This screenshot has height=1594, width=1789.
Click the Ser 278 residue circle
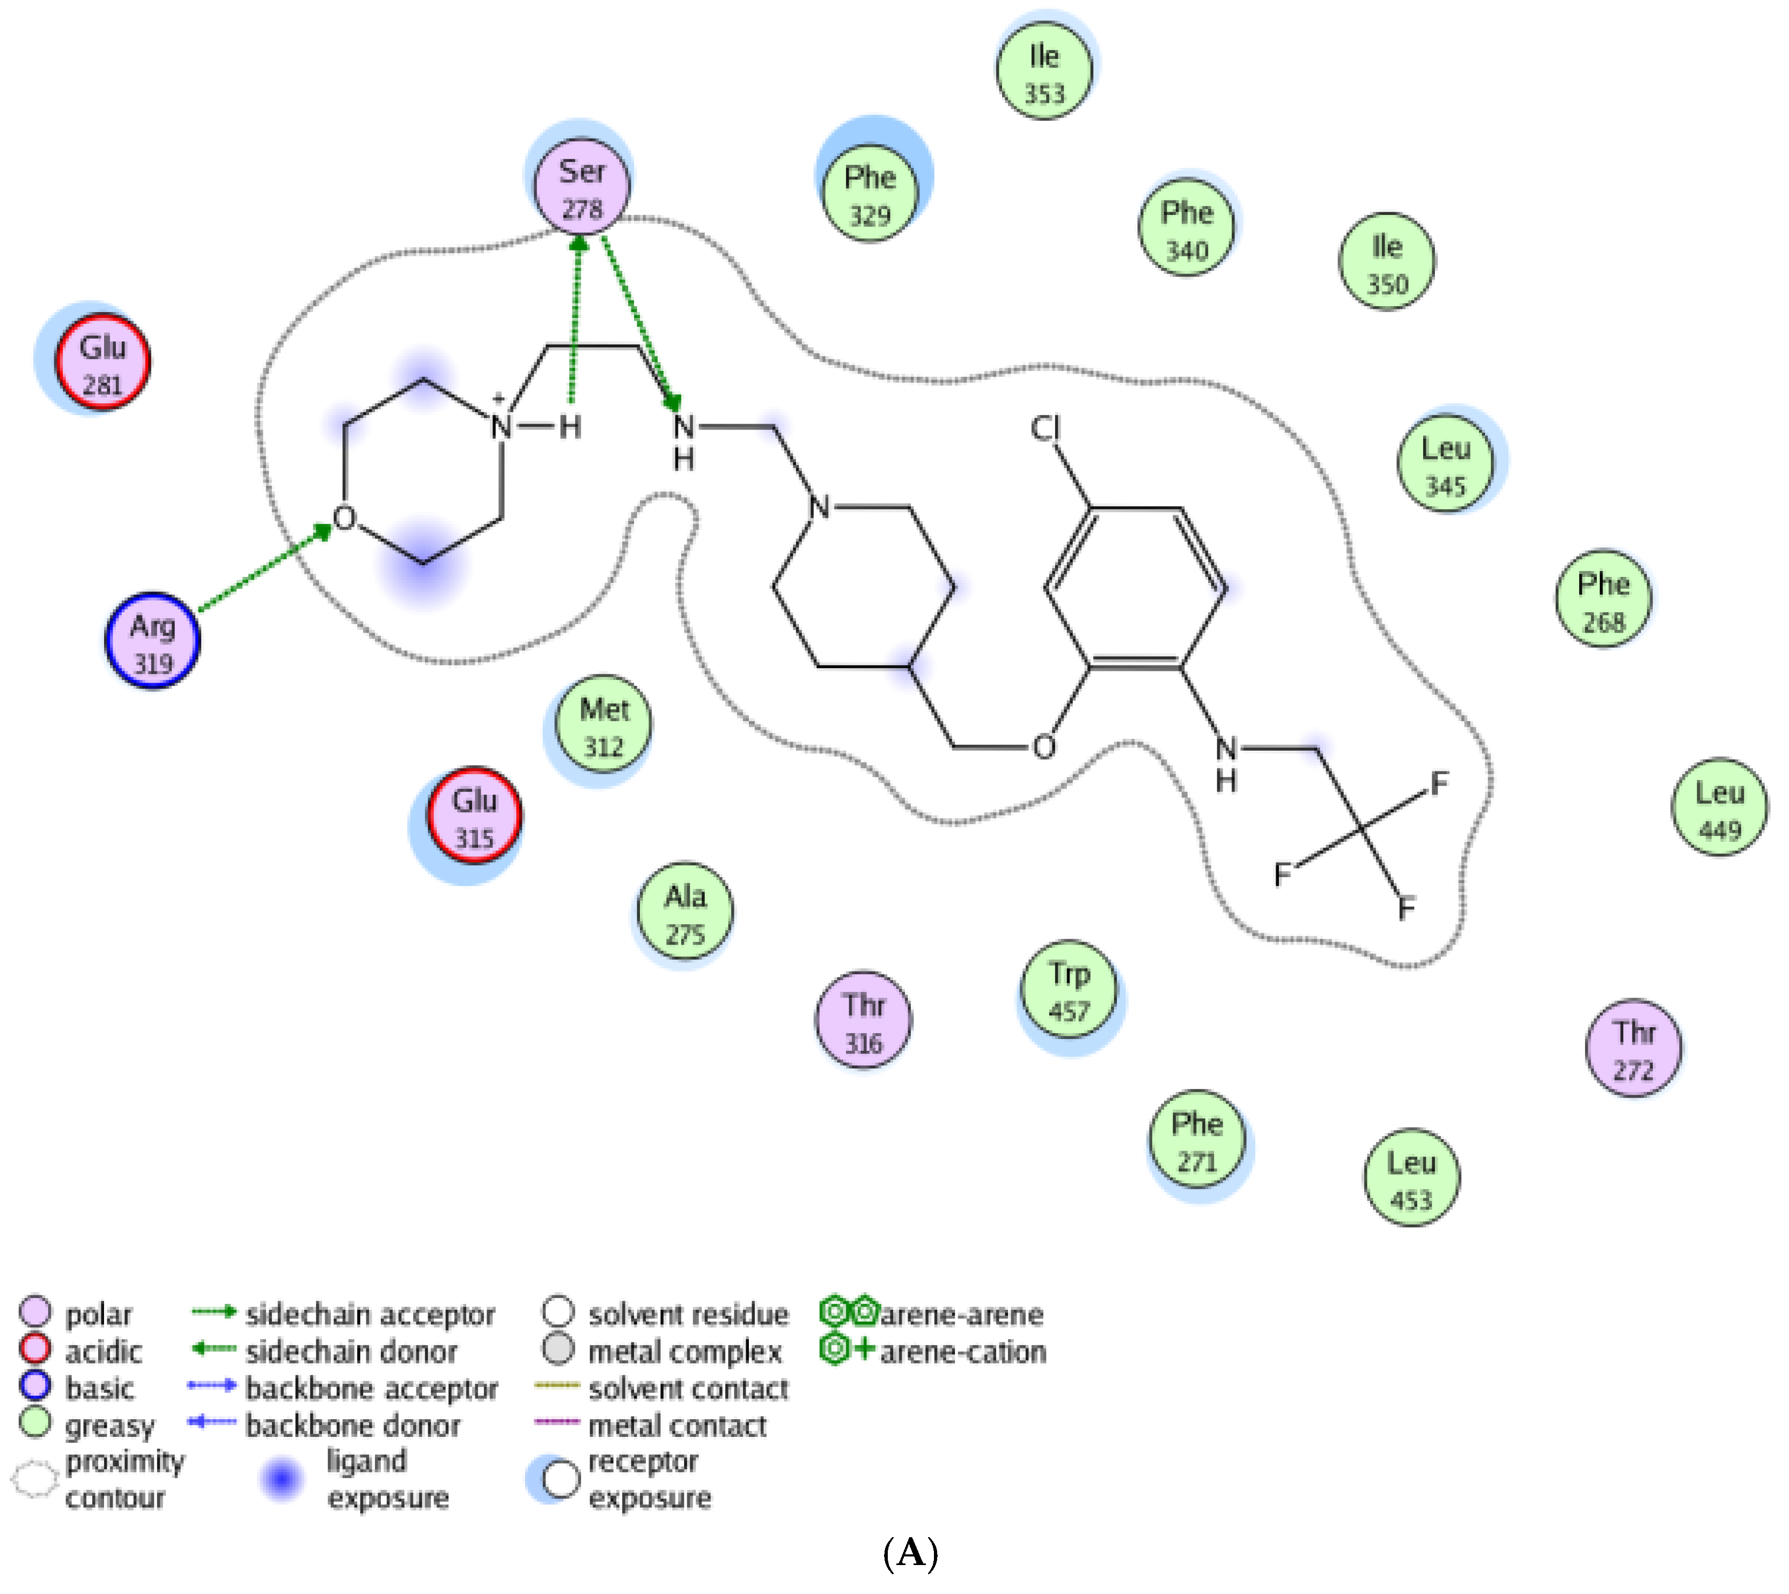point(581,188)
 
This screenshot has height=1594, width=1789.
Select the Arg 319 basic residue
point(152,641)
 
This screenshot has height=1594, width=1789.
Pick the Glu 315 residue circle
point(474,815)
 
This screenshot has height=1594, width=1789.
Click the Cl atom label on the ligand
point(1045,428)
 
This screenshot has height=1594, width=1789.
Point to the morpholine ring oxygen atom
point(344,518)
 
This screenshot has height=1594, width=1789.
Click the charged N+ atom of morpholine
point(501,427)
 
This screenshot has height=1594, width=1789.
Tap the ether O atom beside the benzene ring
point(1043,747)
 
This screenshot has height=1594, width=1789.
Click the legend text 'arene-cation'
point(962,1352)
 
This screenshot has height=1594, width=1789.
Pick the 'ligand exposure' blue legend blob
point(281,1479)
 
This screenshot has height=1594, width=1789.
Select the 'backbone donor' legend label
point(352,1426)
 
